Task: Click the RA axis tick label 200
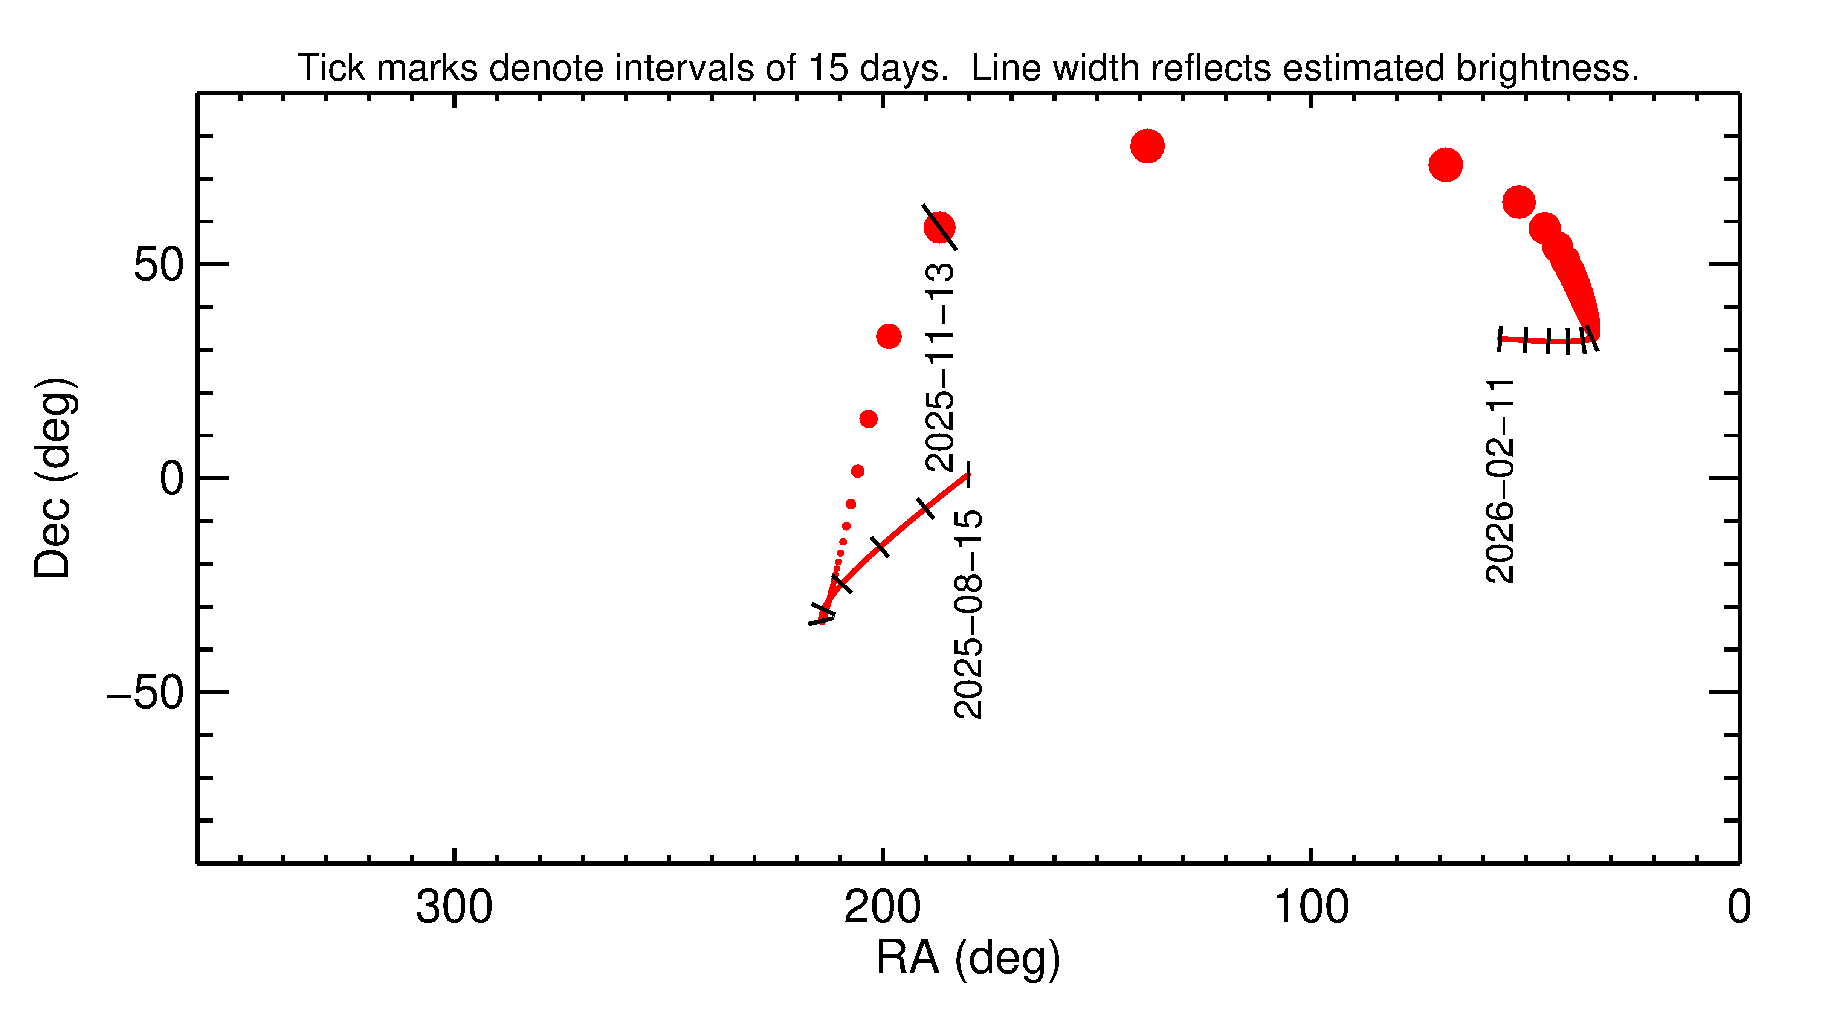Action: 882,909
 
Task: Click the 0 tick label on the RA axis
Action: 1739,909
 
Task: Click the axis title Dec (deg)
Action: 53,478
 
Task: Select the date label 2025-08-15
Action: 968,614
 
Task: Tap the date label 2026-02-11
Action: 1500,482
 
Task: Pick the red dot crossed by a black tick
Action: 939,228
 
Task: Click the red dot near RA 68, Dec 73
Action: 1445,165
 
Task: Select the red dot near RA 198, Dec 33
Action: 889,336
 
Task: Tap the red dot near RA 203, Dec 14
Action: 868,419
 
